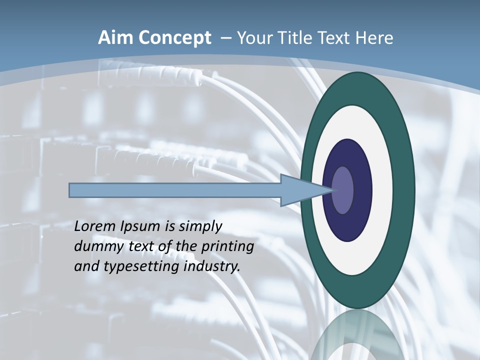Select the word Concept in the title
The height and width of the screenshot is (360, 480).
point(174,38)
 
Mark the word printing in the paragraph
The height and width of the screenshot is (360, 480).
point(227,247)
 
